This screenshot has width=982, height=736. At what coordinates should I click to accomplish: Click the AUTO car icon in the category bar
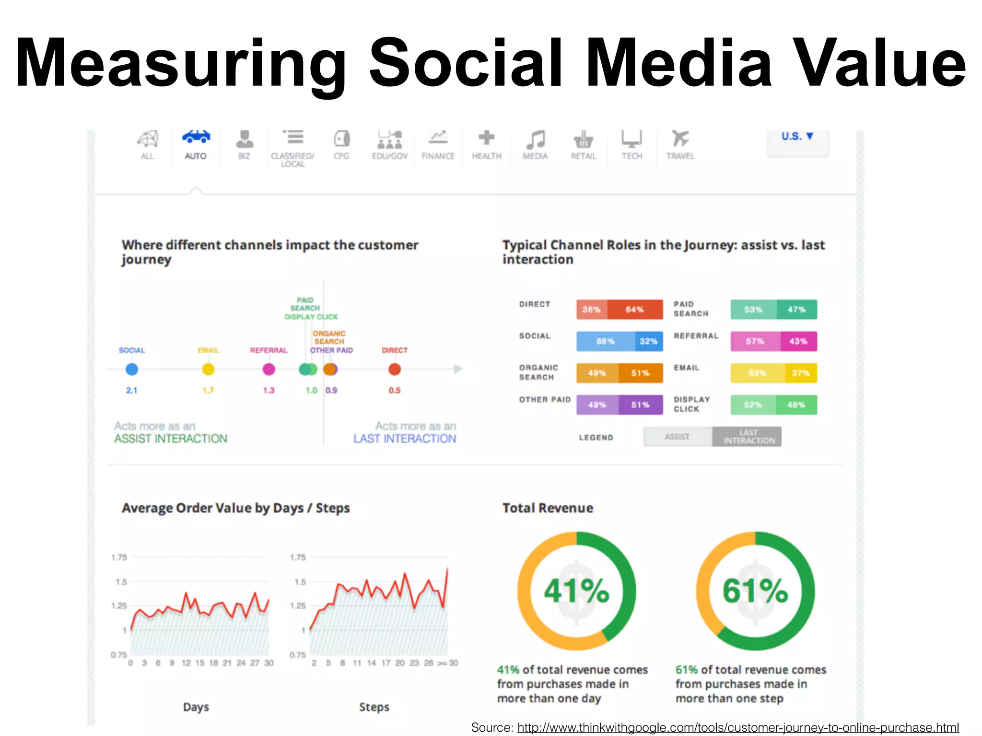click(x=196, y=138)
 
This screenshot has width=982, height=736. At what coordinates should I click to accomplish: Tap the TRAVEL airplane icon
click(x=680, y=138)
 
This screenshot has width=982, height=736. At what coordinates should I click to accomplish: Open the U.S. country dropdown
click(x=797, y=137)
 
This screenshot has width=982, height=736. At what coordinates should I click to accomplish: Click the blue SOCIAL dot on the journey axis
click(x=132, y=369)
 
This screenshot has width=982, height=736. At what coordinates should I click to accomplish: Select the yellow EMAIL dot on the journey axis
click(x=208, y=369)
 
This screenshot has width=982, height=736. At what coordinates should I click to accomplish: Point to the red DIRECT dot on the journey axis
click(x=395, y=369)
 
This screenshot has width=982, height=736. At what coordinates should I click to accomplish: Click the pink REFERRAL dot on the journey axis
click(x=269, y=369)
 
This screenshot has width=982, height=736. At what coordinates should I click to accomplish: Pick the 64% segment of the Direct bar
click(x=635, y=310)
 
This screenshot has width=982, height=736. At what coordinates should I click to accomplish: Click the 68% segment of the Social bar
click(x=605, y=341)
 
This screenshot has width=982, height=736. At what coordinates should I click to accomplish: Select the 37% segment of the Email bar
click(x=801, y=373)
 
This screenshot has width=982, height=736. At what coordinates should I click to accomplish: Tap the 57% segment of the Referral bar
click(x=755, y=341)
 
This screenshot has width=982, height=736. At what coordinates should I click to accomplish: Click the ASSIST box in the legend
click(x=677, y=437)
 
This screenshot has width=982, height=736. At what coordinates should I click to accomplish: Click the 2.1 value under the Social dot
click(x=132, y=391)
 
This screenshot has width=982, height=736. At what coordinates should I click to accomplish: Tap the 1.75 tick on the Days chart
click(x=119, y=557)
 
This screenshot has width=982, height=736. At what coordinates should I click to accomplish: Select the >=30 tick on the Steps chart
click(x=448, y=663)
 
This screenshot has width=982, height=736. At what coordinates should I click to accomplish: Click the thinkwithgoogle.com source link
click(x=738, y=727)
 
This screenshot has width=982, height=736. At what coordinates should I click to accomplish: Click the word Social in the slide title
click(x=465, y=63)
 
